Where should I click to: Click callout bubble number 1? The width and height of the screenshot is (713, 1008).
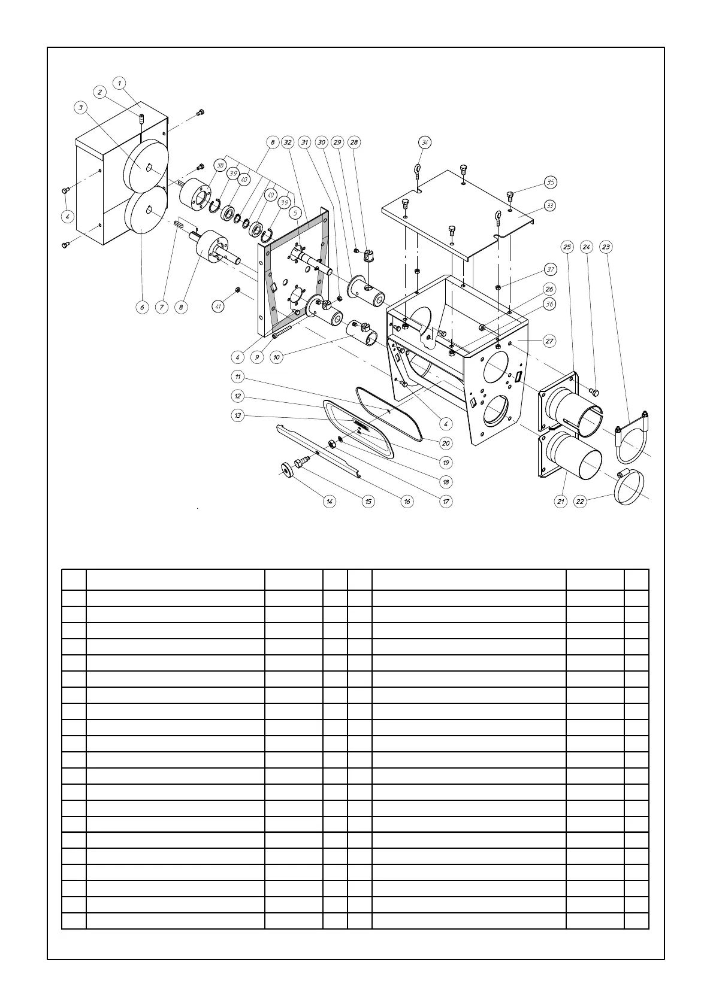coord(120,83)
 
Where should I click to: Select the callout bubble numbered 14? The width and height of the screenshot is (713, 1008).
coord(330,501)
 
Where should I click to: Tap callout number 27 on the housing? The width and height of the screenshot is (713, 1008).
coord(549,341)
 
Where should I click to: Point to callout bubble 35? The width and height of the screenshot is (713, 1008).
coord(550,182)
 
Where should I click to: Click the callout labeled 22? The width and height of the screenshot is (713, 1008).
coord(580,501)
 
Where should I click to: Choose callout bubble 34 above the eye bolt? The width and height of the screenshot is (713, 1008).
coord(425,142)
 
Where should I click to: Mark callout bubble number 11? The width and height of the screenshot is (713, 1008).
coord(238,377)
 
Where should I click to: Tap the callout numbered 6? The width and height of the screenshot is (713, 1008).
coord(142,307)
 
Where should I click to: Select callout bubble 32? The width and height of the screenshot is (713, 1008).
coord(288,142)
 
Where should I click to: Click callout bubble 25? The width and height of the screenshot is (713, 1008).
coord(567,247)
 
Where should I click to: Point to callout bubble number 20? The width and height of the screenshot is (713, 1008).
coord(446,443)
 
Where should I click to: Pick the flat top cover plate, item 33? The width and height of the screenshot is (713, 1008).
coord(455,210)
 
